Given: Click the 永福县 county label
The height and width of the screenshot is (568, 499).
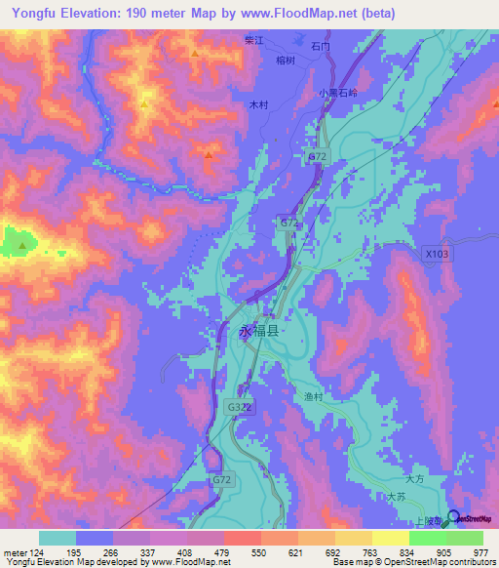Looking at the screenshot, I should tap(258, 331).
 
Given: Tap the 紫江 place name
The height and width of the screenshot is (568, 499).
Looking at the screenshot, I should tap(254, 41).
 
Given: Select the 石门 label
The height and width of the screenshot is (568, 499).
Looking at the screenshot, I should tap(321, 46).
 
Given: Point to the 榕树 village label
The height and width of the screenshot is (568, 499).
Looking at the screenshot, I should tap(286, 61).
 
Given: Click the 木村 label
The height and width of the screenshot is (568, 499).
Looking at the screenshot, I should tap(258, 102).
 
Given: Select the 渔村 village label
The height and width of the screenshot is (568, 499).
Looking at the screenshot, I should tap(301, 397).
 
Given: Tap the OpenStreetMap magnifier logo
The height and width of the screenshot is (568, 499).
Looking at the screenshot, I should tap(453, 516).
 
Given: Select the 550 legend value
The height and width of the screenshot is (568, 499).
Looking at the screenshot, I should tap(259, 551).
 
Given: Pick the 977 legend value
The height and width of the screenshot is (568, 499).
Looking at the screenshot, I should tap(480, 551).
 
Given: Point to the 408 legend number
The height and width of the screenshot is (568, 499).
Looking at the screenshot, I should tap(185, 551).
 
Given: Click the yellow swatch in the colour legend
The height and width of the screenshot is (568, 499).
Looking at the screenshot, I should tap(390, 538).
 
